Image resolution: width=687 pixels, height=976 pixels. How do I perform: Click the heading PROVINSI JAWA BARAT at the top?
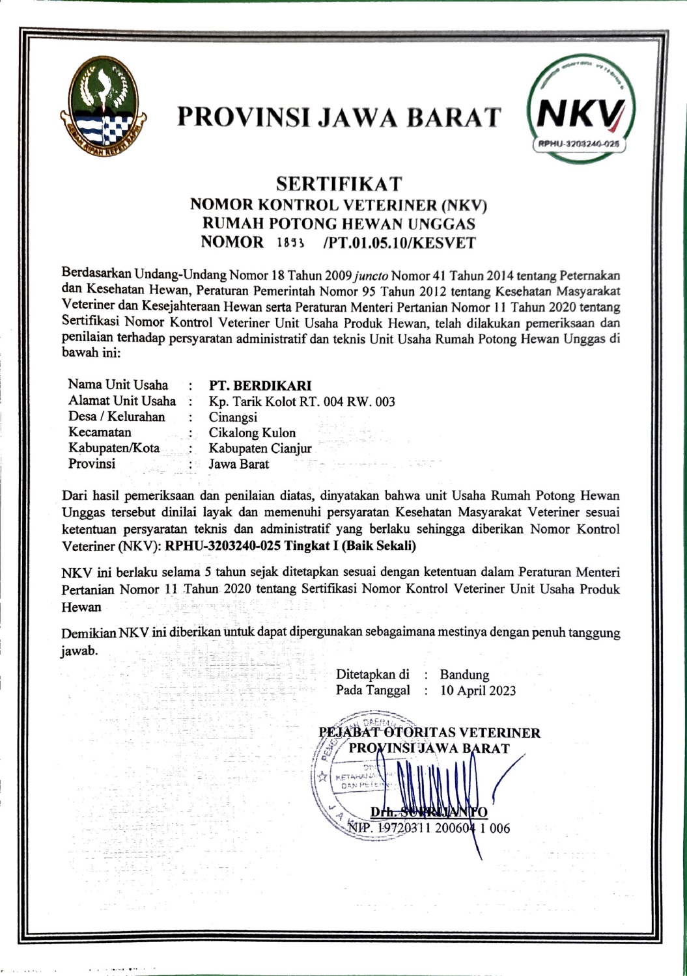coord(339,116)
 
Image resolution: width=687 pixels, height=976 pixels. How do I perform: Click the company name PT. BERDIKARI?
coord(260,385)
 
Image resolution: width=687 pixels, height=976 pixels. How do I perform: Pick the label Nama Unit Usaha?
coord(118,385)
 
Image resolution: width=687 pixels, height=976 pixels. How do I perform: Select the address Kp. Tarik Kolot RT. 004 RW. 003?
coord(301,401)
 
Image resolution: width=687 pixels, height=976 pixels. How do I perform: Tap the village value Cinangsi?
coord(232,417)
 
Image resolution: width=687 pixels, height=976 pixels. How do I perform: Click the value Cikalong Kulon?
coord(252,433)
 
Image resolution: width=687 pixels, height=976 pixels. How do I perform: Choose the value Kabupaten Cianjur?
coord(260,448)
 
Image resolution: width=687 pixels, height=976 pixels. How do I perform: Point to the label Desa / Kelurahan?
coord(117,416)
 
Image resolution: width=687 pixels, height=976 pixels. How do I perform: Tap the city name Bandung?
coord(464,675)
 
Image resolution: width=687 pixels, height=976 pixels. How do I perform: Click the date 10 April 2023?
coord(478,690)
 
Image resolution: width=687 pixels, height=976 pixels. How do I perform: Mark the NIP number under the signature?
coord(429,828)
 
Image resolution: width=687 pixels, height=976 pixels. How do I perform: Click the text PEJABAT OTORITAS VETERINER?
coord(430,733)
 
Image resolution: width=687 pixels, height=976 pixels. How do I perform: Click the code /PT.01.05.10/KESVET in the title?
coord(399,243)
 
